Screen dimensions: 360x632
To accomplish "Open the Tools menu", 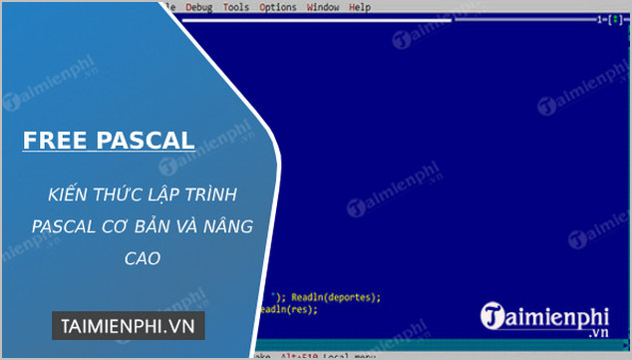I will point(236,8).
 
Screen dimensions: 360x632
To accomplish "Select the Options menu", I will point(277,8).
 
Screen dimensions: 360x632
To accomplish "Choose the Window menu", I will point(322,8).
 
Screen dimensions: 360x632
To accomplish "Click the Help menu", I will point(360,8).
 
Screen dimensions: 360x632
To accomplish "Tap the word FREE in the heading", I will point(57,141).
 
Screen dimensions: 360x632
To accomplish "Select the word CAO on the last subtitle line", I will point(141,258).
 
